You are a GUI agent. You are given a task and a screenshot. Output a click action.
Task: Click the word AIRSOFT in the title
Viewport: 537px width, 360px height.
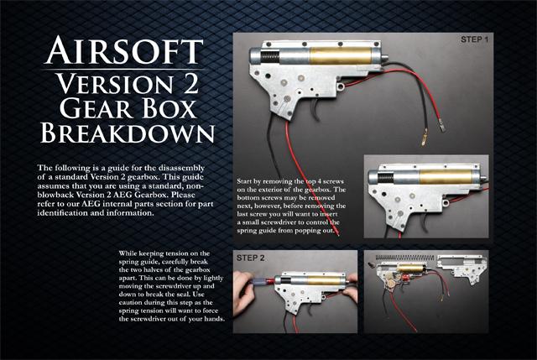(124, 50)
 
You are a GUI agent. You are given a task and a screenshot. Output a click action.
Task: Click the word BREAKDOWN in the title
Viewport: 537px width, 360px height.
(128, 133)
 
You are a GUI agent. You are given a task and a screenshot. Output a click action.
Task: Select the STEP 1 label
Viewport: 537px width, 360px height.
(474, 39)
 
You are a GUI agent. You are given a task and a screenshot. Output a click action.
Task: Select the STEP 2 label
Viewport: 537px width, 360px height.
(250, 258)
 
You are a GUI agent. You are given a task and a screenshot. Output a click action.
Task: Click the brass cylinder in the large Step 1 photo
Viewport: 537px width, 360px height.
(341, 56)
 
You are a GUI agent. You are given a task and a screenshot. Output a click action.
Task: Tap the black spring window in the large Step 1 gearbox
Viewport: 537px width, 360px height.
(270, 56)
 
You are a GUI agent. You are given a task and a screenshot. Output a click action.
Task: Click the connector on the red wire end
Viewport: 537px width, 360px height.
(442, 127)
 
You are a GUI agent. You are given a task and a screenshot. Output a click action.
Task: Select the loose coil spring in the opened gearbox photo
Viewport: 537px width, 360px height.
(404, 258)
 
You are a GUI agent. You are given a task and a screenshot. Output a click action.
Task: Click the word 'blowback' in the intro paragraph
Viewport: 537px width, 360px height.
(52, 195)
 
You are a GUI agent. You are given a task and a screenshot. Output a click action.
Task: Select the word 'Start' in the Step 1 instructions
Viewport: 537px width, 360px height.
(245, 181)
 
